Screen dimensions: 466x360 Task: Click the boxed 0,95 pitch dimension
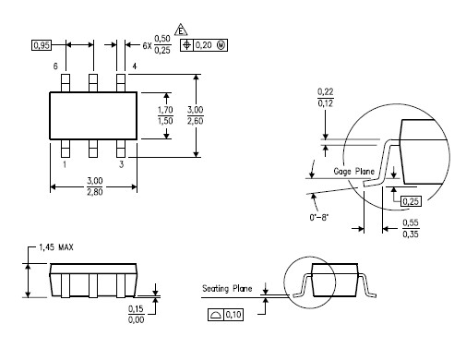point(42,45)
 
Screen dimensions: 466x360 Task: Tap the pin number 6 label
point(55,66)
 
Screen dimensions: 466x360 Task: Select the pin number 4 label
point(135,66)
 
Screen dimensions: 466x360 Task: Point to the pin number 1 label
point(65,164)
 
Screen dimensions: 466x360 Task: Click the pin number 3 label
point(122,164)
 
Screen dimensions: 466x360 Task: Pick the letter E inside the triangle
point(181,31)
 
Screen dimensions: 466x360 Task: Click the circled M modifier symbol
point(221,45)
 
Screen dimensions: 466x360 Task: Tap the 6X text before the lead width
point(147,46)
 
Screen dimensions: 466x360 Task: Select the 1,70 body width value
point(165,110)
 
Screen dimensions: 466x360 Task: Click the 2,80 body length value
point(95,192)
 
